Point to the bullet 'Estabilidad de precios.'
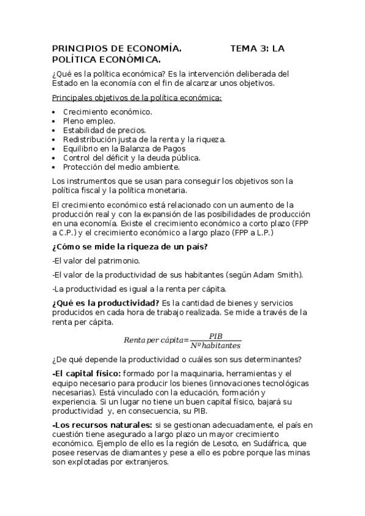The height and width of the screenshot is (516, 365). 104,130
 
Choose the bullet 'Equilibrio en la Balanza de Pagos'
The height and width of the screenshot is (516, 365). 124,148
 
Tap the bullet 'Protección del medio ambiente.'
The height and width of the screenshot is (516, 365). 121,166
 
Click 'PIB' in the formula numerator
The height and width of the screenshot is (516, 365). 216,336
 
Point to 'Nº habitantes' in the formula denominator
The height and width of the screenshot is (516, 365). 216,344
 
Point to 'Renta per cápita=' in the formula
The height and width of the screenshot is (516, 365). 157,340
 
